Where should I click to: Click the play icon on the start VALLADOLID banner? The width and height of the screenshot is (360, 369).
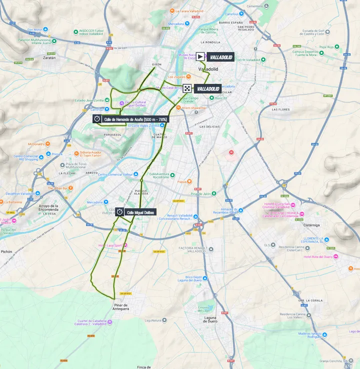coord(200,57)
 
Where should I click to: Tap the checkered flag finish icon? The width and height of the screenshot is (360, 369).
coord(186,88)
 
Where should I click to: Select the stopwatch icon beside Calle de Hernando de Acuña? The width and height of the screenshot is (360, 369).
coord(96,119)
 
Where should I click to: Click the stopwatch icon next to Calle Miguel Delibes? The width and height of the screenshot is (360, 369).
coord(120,212)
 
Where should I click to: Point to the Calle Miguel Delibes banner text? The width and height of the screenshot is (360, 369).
coord(141,212)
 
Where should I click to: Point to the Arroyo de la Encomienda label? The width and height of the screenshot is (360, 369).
coord(48,208)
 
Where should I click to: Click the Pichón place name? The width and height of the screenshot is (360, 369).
coord(6,251)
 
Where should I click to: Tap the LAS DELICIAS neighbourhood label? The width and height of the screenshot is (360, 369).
coord(209,126)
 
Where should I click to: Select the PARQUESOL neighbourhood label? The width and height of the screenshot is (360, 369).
coord(111,134)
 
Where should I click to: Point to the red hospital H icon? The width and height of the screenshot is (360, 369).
coord(231,152)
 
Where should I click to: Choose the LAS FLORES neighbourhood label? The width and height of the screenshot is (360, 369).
coord(280,108)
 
